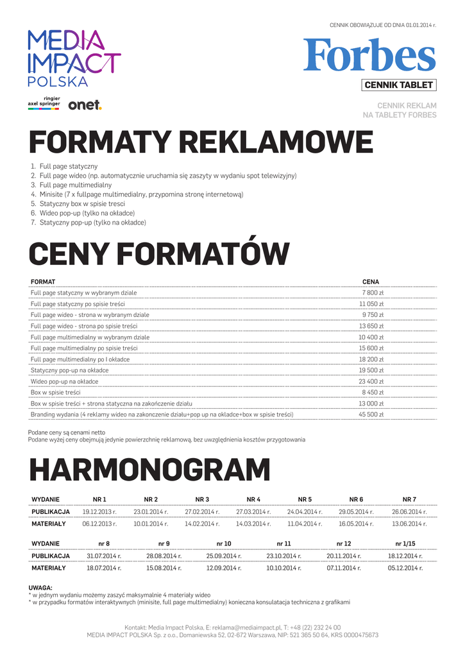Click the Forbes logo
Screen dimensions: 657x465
(369, 55)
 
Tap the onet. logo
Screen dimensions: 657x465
(85, 105)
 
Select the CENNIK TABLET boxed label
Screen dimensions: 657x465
(398, 85)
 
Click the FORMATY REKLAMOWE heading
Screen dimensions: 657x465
(201, 142)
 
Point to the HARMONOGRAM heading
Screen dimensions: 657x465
(149, 470)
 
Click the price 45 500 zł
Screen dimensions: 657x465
(371, 414)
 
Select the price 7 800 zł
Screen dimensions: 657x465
(373, 293)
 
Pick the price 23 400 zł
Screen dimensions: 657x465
(371, 381)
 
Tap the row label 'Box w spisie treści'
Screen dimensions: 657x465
(56, 392)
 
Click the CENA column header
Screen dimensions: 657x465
(371, 282)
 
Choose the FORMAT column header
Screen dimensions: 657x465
(43, 282)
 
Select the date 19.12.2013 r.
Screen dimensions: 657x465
(99, 512)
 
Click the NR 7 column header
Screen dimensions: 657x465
(409, 499)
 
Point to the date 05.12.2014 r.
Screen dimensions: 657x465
(405, 568)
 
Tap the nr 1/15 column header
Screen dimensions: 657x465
(405, 543)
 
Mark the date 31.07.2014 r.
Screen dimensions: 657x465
(104, 556)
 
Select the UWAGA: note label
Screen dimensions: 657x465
(40, 588)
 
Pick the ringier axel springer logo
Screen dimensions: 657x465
(44, 103)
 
